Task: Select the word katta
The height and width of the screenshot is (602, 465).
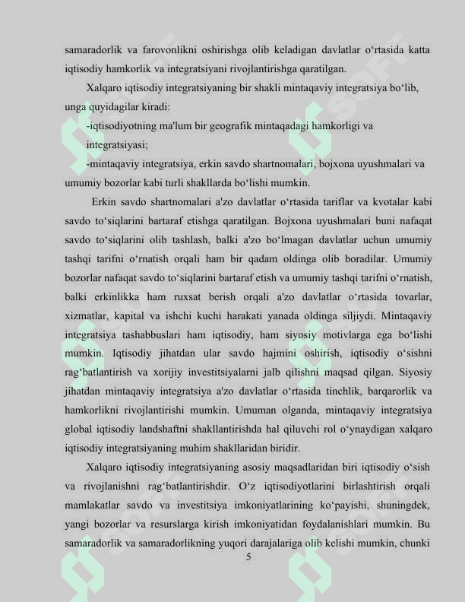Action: click(419, 50)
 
